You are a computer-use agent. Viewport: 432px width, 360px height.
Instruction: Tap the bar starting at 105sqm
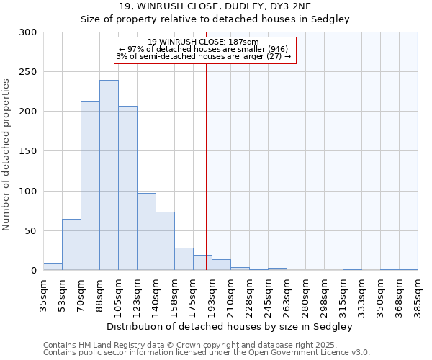click(x=127, y=188)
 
